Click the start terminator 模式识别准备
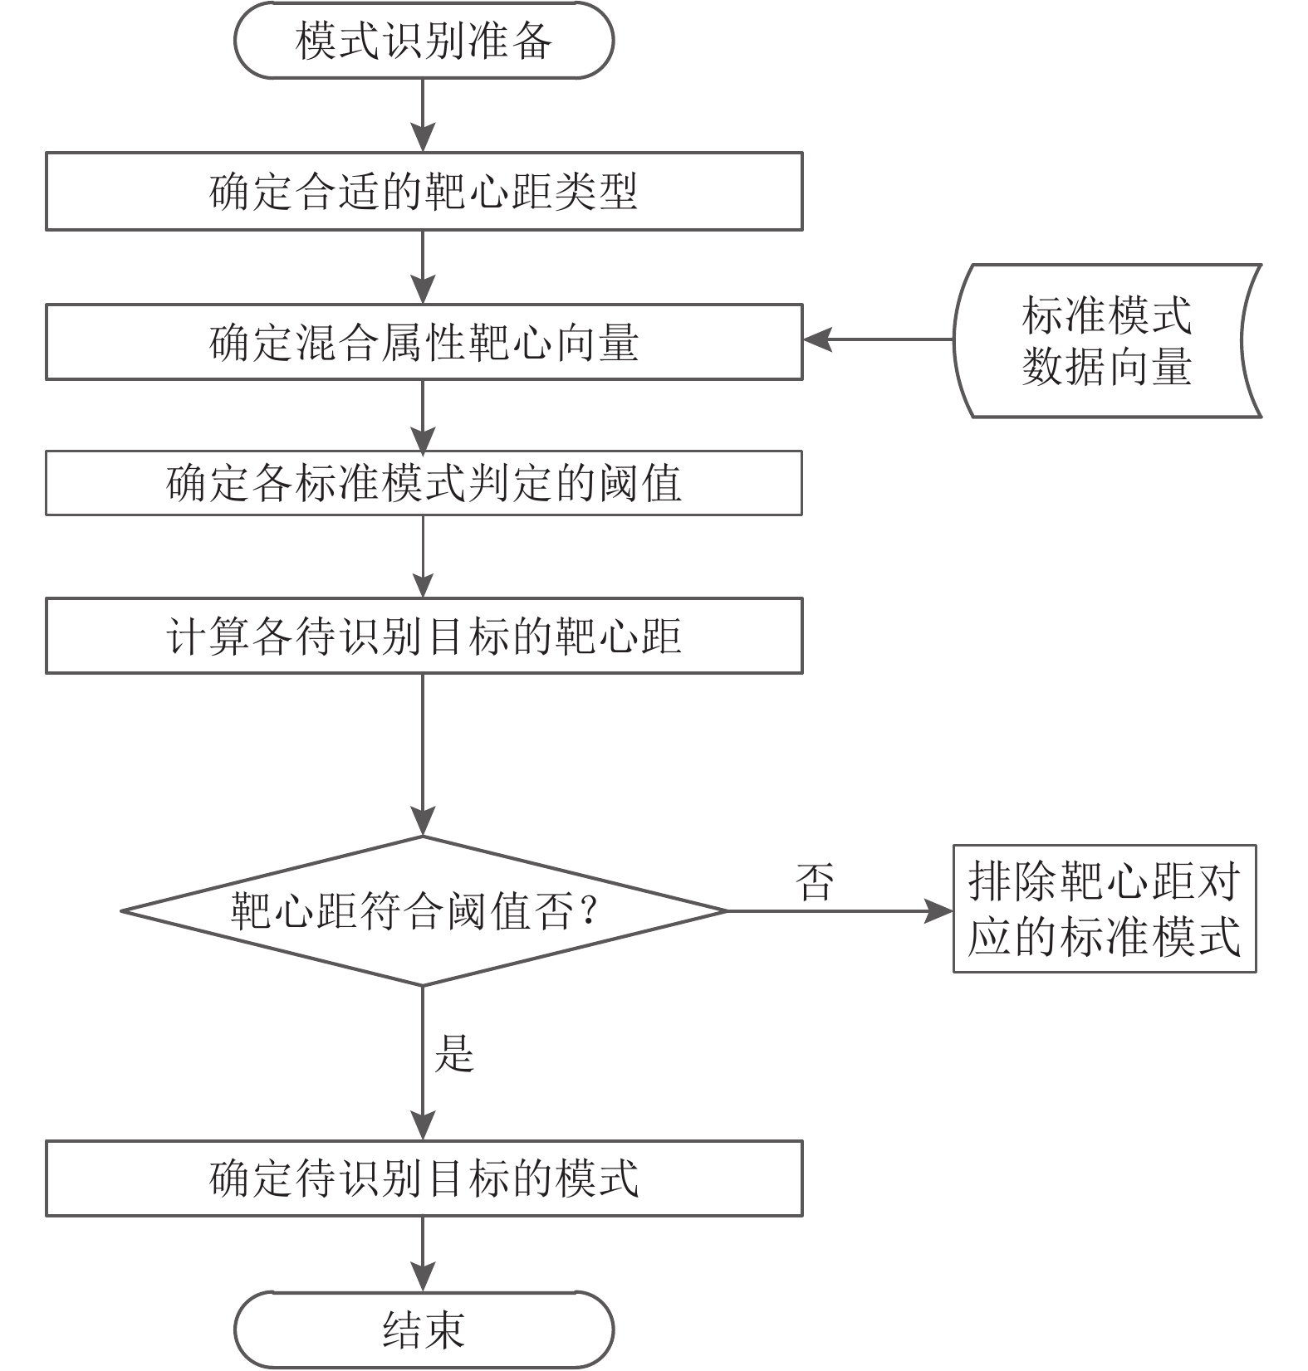[424, 41]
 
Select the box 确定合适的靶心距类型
[424, 191]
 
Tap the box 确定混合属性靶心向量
[424, 342]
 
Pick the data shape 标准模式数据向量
[1107, 340]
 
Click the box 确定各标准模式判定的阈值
[424, 483]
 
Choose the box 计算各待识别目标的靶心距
[424, 636]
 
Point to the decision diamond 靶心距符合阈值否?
[424, 911]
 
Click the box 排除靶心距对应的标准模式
[1105, 909]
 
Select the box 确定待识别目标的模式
[424, 1178]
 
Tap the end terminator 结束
[424, 1330]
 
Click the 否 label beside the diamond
[815, 881]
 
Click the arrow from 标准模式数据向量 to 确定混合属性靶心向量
[878, 339]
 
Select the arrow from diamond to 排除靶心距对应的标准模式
[840, 911]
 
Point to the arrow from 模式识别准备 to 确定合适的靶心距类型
[424, 115]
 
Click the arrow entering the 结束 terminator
[424, 1254]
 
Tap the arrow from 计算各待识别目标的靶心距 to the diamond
[424, 754]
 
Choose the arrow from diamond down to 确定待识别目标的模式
[424, 1063]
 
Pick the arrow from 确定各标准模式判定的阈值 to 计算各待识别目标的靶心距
[424, 556]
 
